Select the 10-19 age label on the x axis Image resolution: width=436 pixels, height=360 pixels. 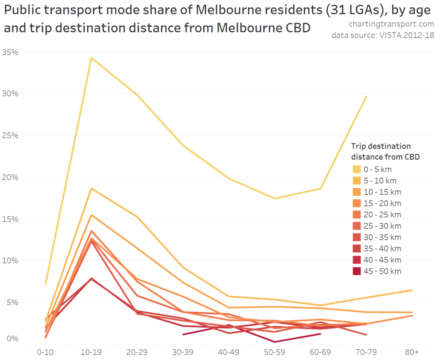(x=91, y=352)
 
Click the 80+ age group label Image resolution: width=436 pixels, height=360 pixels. (x=412, y=352)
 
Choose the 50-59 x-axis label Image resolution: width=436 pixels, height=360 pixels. (x=274, y=352)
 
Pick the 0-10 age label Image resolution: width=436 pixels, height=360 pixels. (x=46, y=352)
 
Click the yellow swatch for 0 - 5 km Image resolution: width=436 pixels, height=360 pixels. (x=356, y=169)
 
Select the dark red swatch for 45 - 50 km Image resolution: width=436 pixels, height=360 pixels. (x=356, y=271)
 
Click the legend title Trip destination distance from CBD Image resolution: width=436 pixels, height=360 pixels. (x=385, y=152)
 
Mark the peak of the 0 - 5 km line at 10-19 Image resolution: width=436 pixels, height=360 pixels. (x=91, y=58)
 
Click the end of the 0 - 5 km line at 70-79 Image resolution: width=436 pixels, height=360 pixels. (x=366, y=96)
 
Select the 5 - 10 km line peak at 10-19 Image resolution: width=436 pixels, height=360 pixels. (x=91, y=188)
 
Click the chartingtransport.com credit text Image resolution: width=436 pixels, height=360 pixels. (x=392, y=24)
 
